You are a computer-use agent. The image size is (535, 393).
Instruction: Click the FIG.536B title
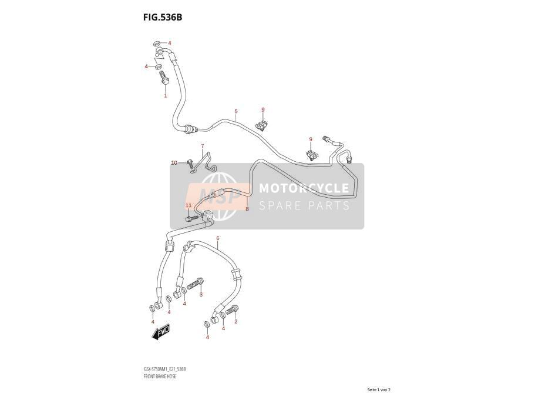point(163,17)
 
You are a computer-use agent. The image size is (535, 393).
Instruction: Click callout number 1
point(166,96)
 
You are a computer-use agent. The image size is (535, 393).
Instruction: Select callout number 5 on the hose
point(235,111)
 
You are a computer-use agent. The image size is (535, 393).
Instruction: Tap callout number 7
point(202,146)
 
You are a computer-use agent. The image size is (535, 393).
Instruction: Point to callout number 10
point(174,162)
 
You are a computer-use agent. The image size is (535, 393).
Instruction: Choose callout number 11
point(189,205)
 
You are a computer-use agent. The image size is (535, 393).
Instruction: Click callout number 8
point(247,209)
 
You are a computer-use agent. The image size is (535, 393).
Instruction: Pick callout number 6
point(218,238)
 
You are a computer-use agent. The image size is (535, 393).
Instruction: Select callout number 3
point(201,294)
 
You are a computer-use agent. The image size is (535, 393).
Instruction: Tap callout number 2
point(235,321)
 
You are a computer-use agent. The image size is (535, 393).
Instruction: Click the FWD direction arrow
point(161,331)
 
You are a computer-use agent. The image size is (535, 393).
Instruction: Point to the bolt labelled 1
point(163,78)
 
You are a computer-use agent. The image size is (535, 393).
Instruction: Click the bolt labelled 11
point(192,218)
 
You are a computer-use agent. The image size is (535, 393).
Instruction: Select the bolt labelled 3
point(196,284)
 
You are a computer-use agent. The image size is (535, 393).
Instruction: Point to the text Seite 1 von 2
point(379,389)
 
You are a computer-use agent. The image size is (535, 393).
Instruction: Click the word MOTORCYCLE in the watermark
point(304,188)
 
